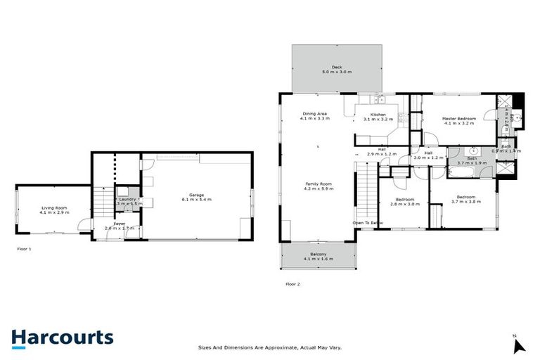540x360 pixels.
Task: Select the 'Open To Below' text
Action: tap(368, 223)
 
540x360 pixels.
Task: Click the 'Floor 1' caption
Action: tap(24, 249)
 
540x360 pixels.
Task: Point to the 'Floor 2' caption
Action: tap(292, 284)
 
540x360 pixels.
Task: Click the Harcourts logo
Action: tap(62, 337)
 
